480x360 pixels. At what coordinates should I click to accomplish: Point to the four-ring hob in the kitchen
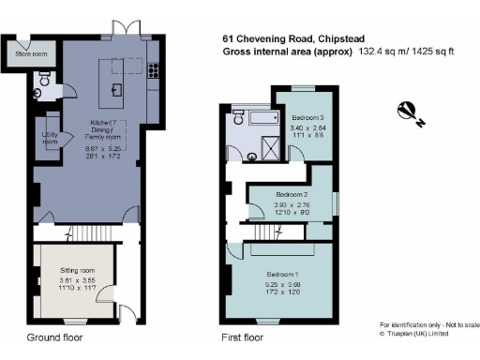(151, 67)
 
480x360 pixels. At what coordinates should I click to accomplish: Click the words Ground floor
(52, 335)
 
